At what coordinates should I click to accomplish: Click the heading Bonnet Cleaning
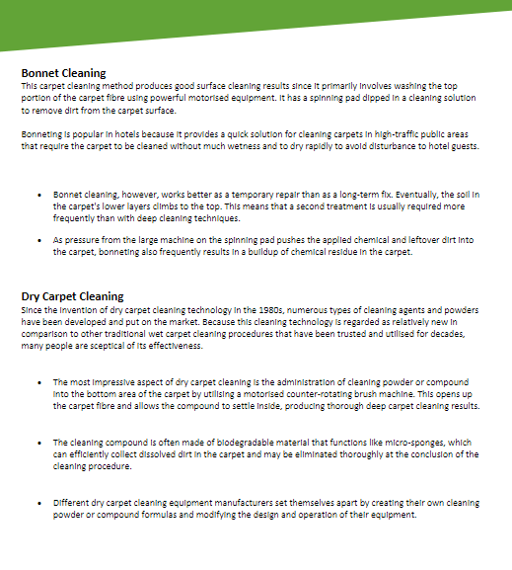point(63,72)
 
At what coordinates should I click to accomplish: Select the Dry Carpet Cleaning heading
point(72,295)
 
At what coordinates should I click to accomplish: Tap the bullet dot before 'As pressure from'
point(37,240)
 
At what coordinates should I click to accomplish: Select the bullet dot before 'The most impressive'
point(37,382)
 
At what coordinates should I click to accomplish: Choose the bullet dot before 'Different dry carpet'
point(37,504)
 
